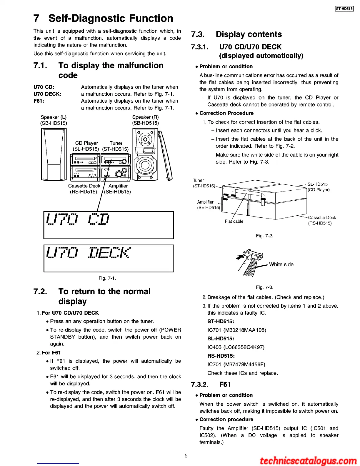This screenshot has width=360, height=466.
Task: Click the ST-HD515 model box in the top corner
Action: [x=344, y=9]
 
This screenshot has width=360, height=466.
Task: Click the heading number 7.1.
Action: [x=40, y=66]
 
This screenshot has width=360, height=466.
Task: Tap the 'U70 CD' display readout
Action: [x=78, y=219]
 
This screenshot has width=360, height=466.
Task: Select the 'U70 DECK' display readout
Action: [x=88, y=253]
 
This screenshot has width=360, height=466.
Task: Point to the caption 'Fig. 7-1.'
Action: [x=107, y=278]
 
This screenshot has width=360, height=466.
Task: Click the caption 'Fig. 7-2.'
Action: [x=264, y=236]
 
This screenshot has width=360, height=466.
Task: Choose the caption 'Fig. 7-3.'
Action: [x=264, y=287]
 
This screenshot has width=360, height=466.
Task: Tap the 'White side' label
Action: [x=281, y=264]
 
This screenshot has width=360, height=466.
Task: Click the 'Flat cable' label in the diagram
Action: [x=234, y=221]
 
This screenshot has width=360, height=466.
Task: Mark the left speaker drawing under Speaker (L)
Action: [x=54, y=154]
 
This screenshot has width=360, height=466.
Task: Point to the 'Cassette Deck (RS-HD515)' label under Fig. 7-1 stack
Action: [x=84, y=189]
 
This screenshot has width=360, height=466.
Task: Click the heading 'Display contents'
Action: [x=249, y=34]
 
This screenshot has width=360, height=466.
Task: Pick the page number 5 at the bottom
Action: [x=186, y=456]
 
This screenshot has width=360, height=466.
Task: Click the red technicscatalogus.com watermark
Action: [x=308, y=461]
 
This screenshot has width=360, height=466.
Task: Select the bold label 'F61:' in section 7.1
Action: [x=39, y=101]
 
